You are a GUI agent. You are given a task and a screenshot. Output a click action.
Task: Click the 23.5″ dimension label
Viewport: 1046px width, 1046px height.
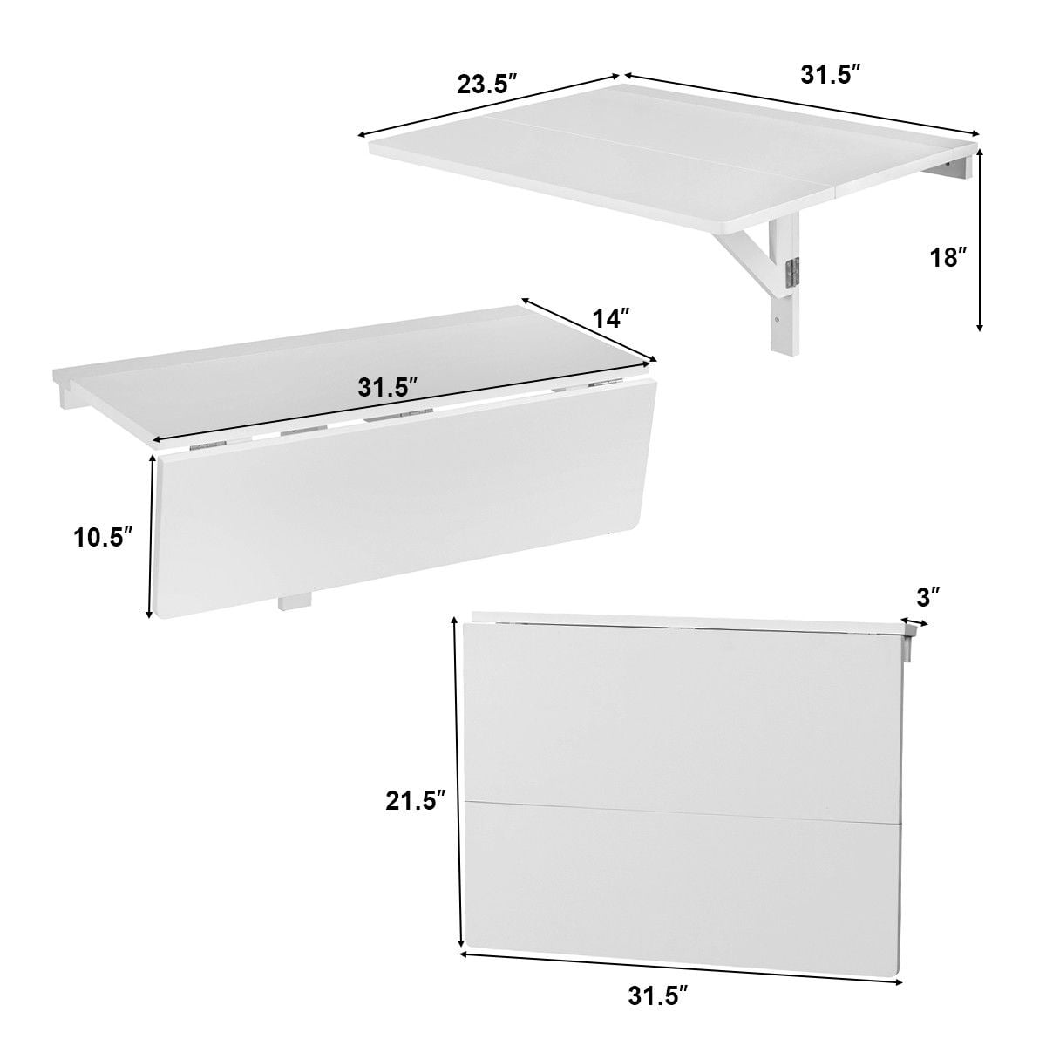[486, 85]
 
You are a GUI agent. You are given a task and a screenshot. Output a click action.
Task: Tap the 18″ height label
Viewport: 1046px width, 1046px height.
[948, 257]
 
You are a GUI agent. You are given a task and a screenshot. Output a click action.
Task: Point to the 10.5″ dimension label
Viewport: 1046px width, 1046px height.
[102, 538]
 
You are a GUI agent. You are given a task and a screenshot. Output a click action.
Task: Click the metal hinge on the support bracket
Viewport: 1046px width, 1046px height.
[791, 273]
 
